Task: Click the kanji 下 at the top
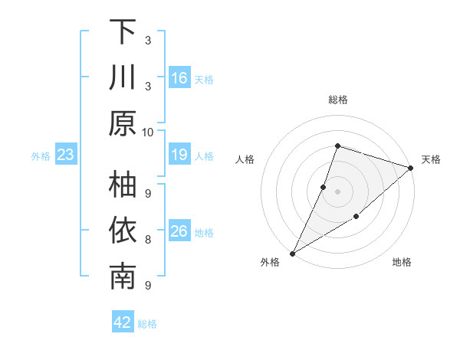[123, 33]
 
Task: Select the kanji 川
[123, 78]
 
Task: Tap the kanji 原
[123, 123]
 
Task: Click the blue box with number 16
[179, 78]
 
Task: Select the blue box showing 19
[179, 155]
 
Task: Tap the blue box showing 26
[179, 231]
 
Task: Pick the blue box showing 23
[65, 155]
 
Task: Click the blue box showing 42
[123, 322]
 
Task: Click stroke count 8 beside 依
[147, 239]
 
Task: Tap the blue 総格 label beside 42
[147, 324]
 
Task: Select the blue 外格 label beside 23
[41, 156]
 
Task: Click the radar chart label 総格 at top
[337, 100]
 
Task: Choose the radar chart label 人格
[245, 159]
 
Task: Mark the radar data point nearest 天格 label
[411, 168]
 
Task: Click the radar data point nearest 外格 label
[292, 253]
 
